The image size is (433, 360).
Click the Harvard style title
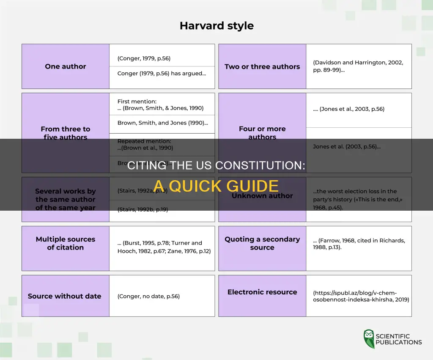(x=216, y=25)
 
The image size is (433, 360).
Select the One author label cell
(x=65, y=66)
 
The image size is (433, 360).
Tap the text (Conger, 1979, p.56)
(x=144, y=58)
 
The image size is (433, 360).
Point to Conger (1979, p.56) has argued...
(x=162, y=73)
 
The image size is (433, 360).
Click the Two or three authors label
(x=262, y=66)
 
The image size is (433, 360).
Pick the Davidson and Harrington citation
(x=358, y=66)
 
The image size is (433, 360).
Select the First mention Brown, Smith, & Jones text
(x=161, y=105)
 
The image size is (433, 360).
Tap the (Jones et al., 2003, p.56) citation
(x=349, y=109)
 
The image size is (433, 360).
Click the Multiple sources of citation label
(x=65, y=243)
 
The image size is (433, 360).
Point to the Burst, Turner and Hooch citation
(x=164, y=247)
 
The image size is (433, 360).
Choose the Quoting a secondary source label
(x=262, y=243)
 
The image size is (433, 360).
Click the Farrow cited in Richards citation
(x=359, y=244)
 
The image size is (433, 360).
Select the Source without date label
(x=64, y=296)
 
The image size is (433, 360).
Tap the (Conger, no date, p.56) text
(x=148, y=296)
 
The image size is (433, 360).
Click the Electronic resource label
(x=262, y=292)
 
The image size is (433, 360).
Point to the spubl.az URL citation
(x=361, y=296)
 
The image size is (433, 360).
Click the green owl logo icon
(x=369, y=338)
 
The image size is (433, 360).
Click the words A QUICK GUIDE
(x=216, y=186)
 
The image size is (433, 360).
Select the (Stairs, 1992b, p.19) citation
(x=143, y=209)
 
